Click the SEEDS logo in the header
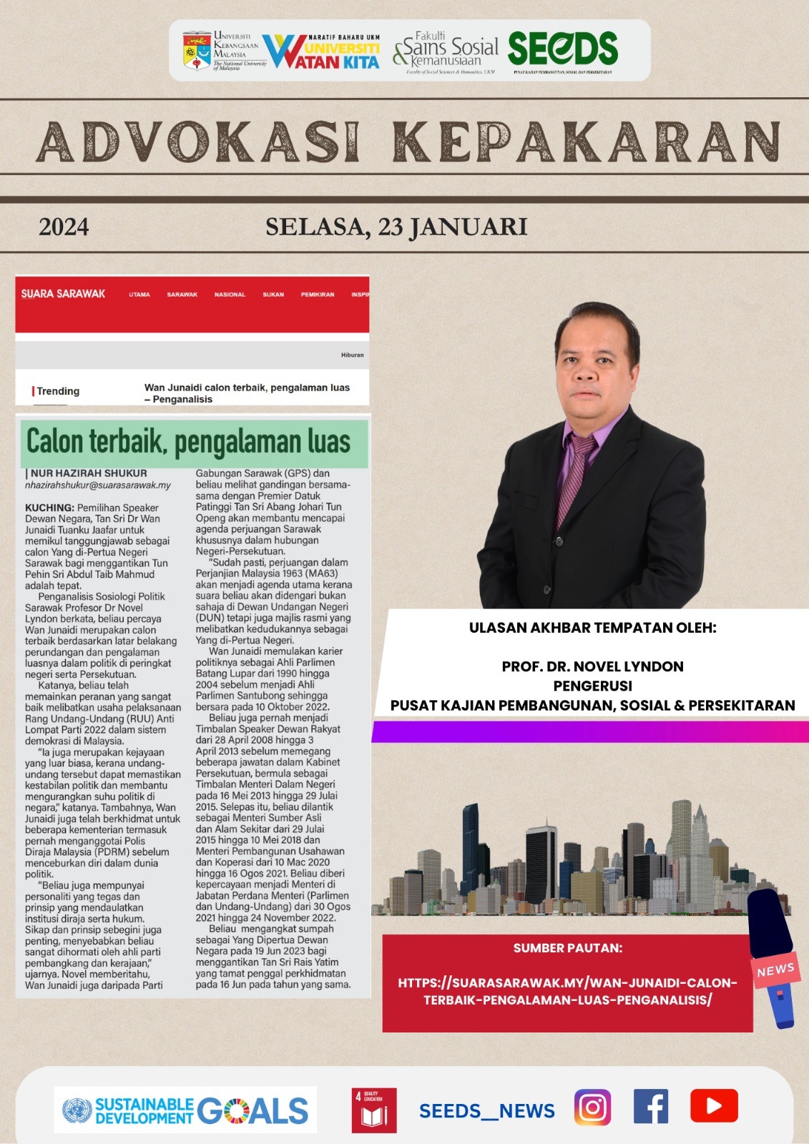tap(562, 49)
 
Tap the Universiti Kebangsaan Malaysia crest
tap(197, 50)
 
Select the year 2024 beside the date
tap(64, 227)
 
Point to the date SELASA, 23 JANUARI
tap(396, 227)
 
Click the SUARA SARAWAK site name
tap(63, 294)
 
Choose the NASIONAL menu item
tap(230, 295)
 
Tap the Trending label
tap(57, 391)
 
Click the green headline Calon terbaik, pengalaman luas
tap(189, 442)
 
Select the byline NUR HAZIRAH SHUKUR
tap(89, 473)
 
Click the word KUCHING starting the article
tap(49, 508)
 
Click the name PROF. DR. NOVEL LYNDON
tap(592, 666)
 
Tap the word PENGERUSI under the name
tap(592, 686)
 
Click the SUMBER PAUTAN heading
tap(567, 948)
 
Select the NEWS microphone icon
tap(773, 958)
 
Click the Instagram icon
tap(592, 1108)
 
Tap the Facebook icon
tap(651, 1107)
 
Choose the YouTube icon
tap(713, 1106)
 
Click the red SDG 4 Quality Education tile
tap(373, 1110)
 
